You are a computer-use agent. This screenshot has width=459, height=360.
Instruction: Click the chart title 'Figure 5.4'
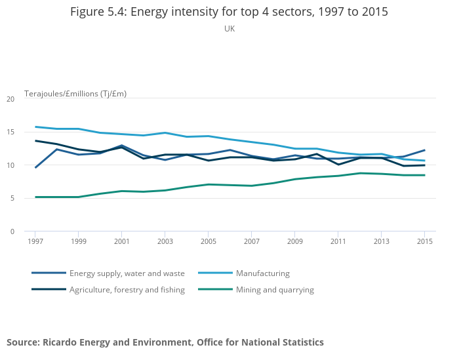click(229, 12)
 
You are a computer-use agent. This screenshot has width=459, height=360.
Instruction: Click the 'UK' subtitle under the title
click(229, 29)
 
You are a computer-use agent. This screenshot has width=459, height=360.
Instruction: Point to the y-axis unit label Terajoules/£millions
click(75, 94)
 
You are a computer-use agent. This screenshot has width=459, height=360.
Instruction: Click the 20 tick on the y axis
click(10, 99)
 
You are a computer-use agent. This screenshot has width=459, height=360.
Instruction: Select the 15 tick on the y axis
click(10, 132)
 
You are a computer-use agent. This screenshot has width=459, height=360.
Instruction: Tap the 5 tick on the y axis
click(12, 199)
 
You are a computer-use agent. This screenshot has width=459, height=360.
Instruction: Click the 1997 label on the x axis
click(35, 241)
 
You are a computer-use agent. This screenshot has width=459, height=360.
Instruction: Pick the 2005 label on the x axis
click(208, 241)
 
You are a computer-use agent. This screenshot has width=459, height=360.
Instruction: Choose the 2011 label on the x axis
click(338, 241)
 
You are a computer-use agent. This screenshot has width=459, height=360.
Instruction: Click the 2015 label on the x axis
click(424, 241)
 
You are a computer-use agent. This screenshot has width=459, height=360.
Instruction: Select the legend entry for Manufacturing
click(262, 273)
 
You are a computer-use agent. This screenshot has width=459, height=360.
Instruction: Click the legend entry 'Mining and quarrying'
click(275, 290)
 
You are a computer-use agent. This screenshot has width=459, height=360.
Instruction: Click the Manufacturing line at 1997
click(35, 127)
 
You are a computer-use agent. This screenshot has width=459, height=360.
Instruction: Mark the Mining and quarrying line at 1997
click(35, 197)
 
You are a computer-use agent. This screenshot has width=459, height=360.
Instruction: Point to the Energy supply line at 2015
click(424, 150)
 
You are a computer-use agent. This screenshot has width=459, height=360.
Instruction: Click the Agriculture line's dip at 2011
click(338, 165)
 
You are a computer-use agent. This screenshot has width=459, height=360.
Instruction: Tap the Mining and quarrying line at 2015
click(424, 175)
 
